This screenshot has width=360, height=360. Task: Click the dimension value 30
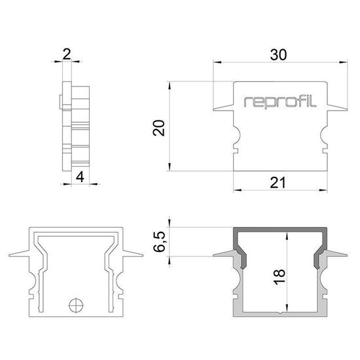278,55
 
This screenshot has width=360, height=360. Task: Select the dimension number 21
278,183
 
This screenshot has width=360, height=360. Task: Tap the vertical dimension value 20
159,128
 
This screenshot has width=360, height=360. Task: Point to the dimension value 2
67,54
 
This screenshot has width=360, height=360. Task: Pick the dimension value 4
80,177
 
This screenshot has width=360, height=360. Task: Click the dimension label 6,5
159,242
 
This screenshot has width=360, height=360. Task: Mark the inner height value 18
279,277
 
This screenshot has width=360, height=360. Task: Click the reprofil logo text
280,101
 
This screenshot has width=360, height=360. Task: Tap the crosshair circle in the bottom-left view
76,306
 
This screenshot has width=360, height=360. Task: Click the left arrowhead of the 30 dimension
217,62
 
